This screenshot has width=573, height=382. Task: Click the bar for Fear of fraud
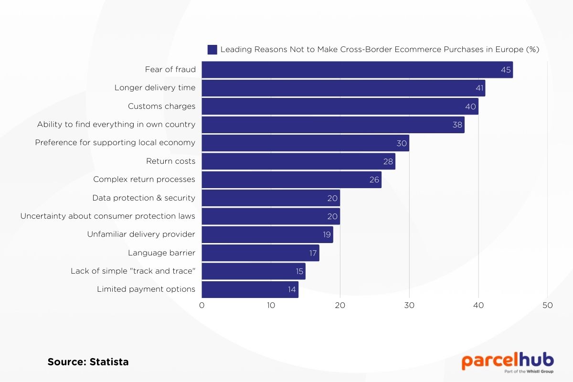pos(357,70)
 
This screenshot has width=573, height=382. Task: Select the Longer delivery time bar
pos(343,88)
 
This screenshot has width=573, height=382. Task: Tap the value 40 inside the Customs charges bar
pos(470,106)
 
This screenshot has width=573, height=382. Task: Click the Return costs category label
pos(170,161)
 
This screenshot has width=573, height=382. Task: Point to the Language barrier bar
pos(260,253)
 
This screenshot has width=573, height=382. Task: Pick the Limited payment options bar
pos(250,289)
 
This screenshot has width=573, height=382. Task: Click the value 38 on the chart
pos(456,125)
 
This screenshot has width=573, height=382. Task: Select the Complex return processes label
pos(144,180)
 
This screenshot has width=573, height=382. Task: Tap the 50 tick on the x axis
pos(547,306)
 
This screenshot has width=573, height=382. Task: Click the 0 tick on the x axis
pos(202,306)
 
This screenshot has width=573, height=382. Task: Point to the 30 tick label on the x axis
pos(409,306)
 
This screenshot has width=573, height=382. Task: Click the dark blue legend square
pos(212,50)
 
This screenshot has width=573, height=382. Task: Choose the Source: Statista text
pos(88,362)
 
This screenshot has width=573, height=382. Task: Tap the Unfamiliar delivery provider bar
pos(267,234)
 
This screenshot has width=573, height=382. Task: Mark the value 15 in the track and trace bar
pos(299,271)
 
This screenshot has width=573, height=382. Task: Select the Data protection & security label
pos(144,198)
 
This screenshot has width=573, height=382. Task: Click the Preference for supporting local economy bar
pos(305,143)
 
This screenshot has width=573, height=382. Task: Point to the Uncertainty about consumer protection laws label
pos(107,216)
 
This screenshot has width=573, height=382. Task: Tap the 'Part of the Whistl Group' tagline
pos(529,371)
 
